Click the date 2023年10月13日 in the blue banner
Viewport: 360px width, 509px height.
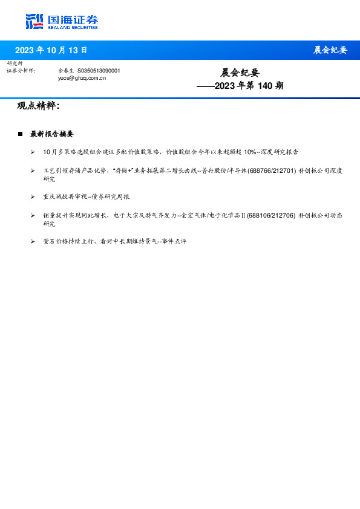[51, 50]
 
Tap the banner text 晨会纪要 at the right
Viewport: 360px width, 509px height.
[330, 50]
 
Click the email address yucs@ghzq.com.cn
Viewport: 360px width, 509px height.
[82, 78]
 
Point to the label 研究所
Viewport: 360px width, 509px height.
[15, 63]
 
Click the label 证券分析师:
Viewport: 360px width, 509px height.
[21, 71]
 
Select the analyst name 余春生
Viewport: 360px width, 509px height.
[66, 71]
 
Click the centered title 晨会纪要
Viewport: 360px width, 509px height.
[240, 73]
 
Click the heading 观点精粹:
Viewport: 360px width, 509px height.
[38, 106]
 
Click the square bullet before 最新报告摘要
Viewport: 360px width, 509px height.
[20, 134]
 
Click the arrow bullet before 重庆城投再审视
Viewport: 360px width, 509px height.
[33, 196]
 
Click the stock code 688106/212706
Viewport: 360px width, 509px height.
[271, 215]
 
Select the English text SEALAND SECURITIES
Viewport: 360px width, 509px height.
[73, 27]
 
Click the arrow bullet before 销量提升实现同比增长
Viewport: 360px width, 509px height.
[33, 215]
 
